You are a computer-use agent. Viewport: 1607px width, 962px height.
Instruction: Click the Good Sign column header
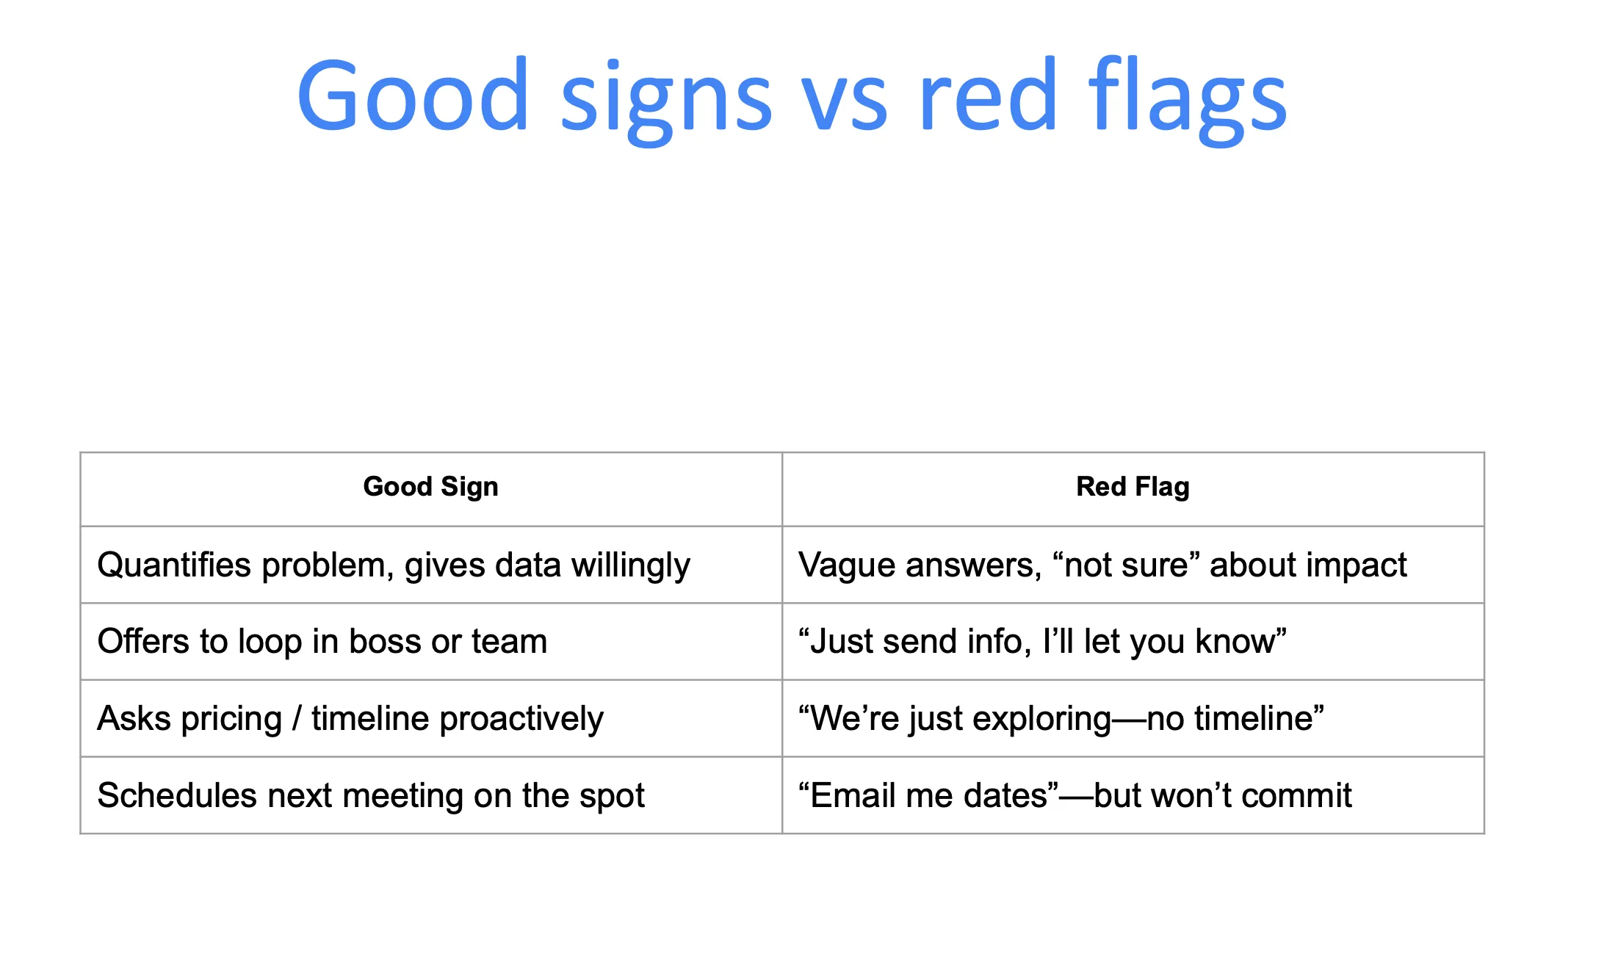(430, 487)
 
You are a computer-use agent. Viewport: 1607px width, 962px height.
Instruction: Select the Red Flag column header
(1133, 487)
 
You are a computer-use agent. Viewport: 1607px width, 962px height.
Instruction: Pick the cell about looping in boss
(322, 642)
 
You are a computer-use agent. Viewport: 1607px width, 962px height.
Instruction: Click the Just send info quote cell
(1042, 642)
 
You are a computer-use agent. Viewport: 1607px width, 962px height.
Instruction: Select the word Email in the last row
(853, 796)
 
